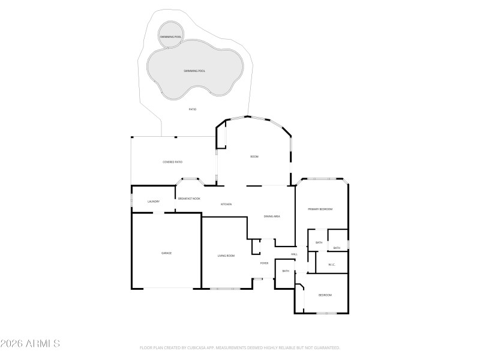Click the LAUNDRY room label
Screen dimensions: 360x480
click(x=154, y=202)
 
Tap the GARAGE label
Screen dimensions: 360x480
click(x=166, y=253)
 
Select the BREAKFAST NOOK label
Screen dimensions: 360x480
click(x=189, y=199)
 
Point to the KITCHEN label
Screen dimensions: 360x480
click(x=226, y=205)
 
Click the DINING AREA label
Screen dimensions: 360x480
click(x=272, y=216)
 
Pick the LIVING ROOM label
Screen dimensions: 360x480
click(x=226, y=256)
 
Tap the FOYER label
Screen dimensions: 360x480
click(x=264, y=263)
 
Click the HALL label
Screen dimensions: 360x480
click(x=294, y=254)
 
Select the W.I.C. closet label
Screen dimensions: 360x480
click(x=332, y=265)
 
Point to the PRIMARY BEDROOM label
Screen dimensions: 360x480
click(x=320, y=209)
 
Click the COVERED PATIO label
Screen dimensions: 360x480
click(x=172, y=162)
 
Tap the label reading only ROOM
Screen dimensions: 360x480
click(x=254, y=157)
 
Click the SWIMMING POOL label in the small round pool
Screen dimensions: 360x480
click(x=170, y=37)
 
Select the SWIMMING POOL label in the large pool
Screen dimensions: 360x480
click(x=194, y=71)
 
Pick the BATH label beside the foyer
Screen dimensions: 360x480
click(x=286, y=271)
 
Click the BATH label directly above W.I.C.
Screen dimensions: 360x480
click(x=337, y=248)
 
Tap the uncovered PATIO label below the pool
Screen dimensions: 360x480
click(x=193, y=109)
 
